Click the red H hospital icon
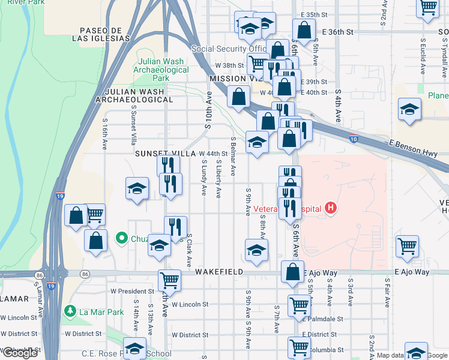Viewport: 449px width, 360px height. pos(330,209)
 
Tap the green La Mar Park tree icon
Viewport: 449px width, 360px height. pos(70,312)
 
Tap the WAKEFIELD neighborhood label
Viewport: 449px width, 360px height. pos(219,272)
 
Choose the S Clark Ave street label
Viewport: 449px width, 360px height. pos(189,250)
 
